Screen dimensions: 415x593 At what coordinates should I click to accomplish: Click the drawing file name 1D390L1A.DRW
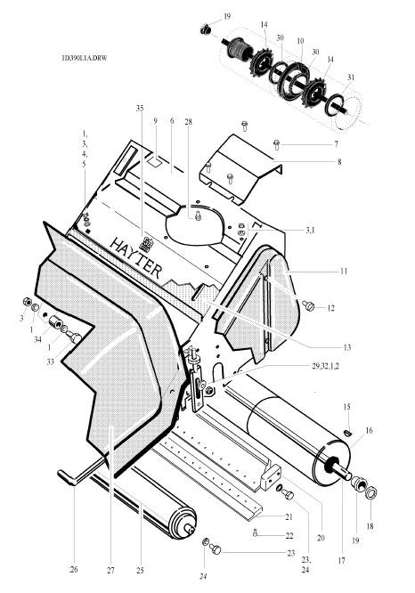tap(85, 58)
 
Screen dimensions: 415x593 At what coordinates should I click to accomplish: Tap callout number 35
tap(140, 108)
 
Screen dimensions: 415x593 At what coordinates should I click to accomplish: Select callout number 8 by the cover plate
tap(339, 162)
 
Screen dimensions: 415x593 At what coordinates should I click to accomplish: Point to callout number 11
tap(344, 272)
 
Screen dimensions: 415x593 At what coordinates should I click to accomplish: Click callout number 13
tap(347, 347)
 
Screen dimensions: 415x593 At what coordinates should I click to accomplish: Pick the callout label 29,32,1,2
tap(326, 366)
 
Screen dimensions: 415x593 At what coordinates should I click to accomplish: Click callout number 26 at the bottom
tap(74, 569)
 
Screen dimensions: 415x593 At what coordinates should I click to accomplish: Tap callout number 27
tap(110, 571)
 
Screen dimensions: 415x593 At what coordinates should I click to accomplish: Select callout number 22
tap(289, 535)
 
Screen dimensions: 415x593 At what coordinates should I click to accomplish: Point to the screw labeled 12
tap(308, 305)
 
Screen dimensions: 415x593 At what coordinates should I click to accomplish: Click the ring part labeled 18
tap(372, 493)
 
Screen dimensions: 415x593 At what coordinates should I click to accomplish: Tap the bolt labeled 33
tap(75, 337)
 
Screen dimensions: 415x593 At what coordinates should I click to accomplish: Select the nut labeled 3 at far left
tap(27, 302)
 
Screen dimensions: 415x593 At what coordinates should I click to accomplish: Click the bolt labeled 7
tap(277, 144)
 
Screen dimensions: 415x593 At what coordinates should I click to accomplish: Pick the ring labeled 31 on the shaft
tap(336, 102)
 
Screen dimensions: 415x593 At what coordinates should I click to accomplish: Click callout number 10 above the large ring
tap(300, 41)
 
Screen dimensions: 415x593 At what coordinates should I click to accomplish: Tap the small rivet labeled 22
tap(256, 532)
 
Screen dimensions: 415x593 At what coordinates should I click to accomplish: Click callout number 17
tap(341, 560)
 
